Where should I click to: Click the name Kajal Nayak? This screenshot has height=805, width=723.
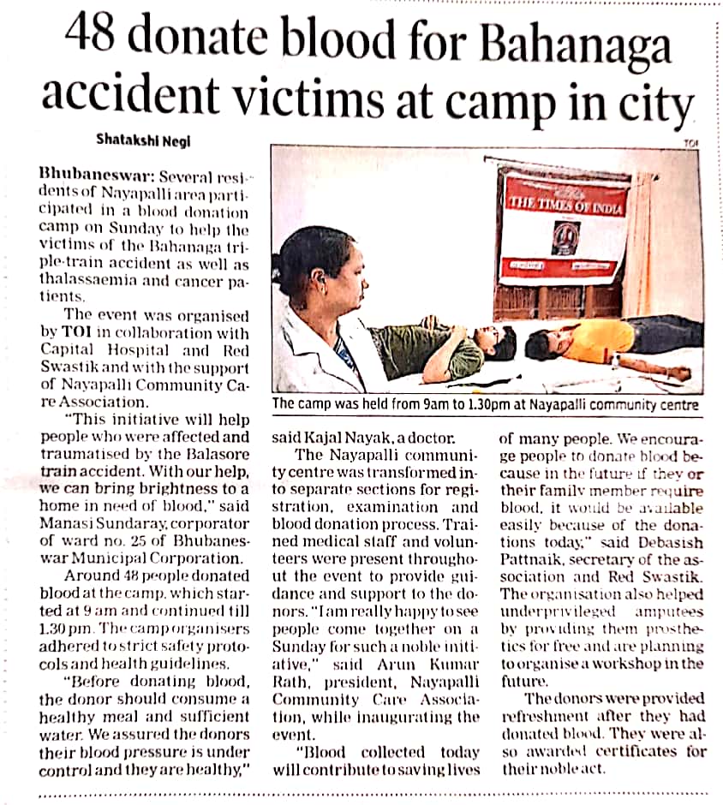(x=342, y=438)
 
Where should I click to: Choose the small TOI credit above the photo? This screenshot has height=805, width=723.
(x=691, y=143)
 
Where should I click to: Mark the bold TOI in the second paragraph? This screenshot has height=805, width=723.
(x=75, y=331)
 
